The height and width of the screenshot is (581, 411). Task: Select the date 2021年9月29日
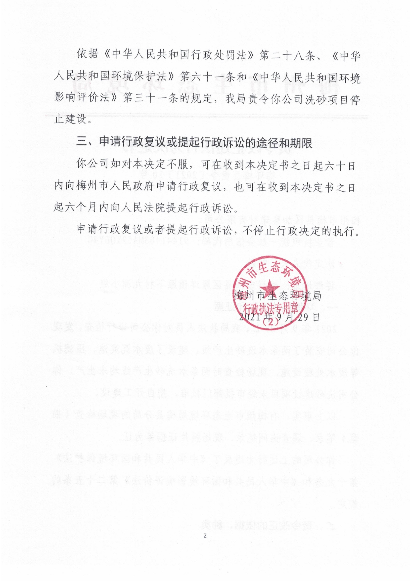[279, 317]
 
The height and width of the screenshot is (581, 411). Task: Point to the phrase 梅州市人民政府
[117, 188]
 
